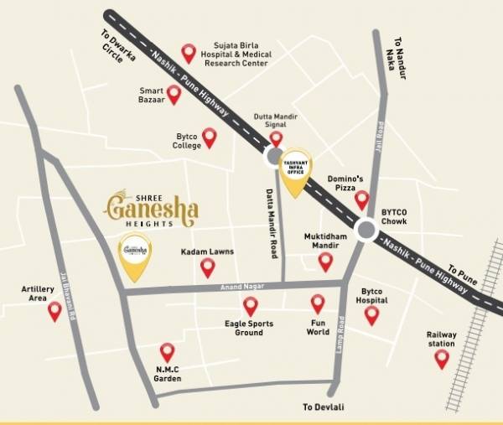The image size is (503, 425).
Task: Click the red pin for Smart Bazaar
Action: pyautogui.click(x=174, y=94)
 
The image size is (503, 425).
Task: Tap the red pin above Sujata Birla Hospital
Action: pyautogui.click(x=189, y=53)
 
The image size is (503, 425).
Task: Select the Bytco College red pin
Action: pyautogui.click(x=210, y=137)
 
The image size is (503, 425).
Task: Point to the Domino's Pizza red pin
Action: pyautogui.click(x=361, y=200)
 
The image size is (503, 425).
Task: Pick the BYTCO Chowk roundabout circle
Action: pyautogui.click(x=366, y=230)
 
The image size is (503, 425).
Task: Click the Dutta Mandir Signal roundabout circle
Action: pyautogui.click(x=273, y=157)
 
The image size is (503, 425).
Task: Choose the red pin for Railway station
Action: pyautogui.click(x=441, y=358)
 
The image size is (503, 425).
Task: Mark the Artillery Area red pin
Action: pyautogui.click(x=54, y=311)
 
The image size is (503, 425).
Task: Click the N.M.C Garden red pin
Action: pyautogui.click(x=168, y=351)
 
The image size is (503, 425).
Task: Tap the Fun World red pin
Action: pyautogui.click(x=318, y=303)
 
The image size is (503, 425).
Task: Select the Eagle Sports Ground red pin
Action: pyautogui.click(x=250, y=305)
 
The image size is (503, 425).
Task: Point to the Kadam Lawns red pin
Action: pyautogui.click(x=208, y=267)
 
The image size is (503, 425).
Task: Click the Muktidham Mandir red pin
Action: pyautogui.click(x=325, y=262)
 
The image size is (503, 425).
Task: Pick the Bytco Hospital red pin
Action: pyautogui.click(x=371, y=314)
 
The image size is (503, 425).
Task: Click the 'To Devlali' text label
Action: pyautogui.click(x=324, y=407)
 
